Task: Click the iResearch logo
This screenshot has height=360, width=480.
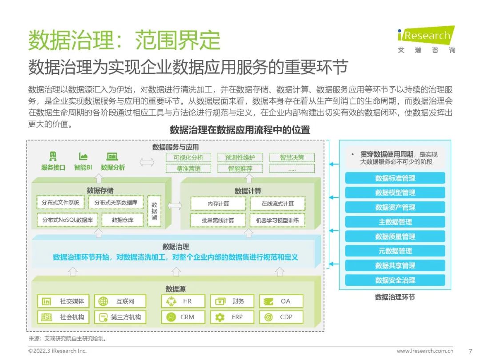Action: click(x=426, y=36)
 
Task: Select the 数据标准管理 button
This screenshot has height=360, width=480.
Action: click(x=395, y=178)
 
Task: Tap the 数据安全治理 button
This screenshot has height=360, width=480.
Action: click(x=395, y=280)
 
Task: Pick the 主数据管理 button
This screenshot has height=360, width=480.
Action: click(x=395, y=222)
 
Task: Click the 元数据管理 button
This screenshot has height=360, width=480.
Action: click(x=395, y=251)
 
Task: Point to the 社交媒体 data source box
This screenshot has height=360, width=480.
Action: click(x=63, y=301)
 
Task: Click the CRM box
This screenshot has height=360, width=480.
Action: click(x=183, y=317)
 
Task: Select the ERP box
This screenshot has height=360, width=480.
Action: click(x=232, y=317)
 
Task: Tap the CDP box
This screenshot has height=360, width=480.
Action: click(x=281, y=317)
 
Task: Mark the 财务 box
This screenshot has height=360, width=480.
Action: click(x=232, y=301)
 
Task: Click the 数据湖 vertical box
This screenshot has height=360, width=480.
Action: click(x=154, y=211)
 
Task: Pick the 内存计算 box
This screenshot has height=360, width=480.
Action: click(x=218, y=204)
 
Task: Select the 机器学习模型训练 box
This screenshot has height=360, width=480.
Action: click(x=277, y=220)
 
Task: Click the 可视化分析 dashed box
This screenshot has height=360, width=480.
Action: click(x=188, y=157)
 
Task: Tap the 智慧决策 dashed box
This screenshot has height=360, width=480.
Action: click(x=292, y=157)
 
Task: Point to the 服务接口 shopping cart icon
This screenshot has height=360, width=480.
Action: click(x=53, y=156)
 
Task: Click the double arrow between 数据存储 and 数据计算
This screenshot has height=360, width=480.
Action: click(x=175, y=206)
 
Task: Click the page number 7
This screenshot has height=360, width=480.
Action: click(x=471, y=351)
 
